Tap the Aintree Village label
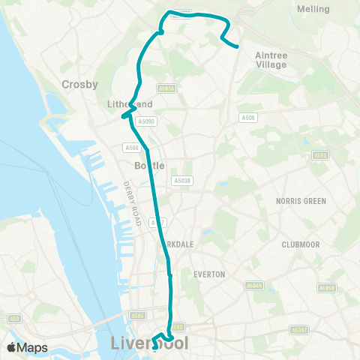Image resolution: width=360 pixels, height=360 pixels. point(271,60)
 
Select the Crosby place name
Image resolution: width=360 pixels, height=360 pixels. point(77,85)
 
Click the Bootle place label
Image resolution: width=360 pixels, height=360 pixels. point(148,165)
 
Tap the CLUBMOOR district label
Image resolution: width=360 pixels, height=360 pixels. point(300,244)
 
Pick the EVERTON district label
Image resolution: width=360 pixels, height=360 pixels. point(209,274)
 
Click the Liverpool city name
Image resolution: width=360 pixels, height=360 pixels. point(149,343)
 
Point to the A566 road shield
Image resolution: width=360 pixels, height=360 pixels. point(132,148)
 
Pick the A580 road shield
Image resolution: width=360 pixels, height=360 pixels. point(321,155)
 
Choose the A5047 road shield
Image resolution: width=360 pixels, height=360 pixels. point(299,329)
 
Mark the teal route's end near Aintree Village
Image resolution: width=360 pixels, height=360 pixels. point(237,46)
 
